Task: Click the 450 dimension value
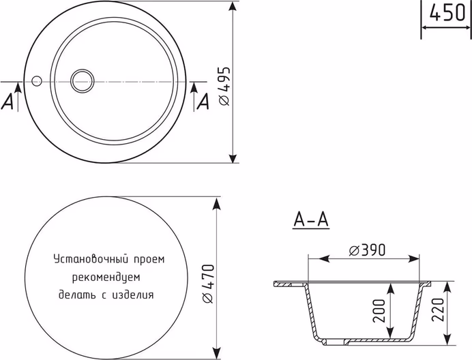pyautogui.click(x=447, y=13)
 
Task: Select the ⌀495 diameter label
pyautogui.click(x=224, y=86)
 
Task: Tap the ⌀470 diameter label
pyautogui.click(x=208, y=284)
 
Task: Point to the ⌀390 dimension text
pyautogui.click(x=367, y=250)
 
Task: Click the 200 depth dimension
pyautogui.click(x=379, y=311)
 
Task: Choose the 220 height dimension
pyautogui.click(x=438, y=310)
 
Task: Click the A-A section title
pyautogui.click(x=311, y=220)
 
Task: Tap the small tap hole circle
pyautogui.click(x=37, y=80)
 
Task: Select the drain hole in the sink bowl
pyautogui.click(x=83, y=81)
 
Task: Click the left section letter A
pyautogui.click(x=8, y=101)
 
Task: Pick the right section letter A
pyautogui.click(x=203, y=101)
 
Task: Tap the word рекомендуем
pyautogui.click(x=106, y=277)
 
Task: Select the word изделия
pyautogui.click(x=133, y=295)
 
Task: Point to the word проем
pyautogui.click(x=149, y=259)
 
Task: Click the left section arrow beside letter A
pyautogui.click(x=18, y=97)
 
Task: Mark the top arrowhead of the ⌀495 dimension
pyautogui.click(x=233, y=7)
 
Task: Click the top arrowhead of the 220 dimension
pyautogui.click(x=447, y=288)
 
